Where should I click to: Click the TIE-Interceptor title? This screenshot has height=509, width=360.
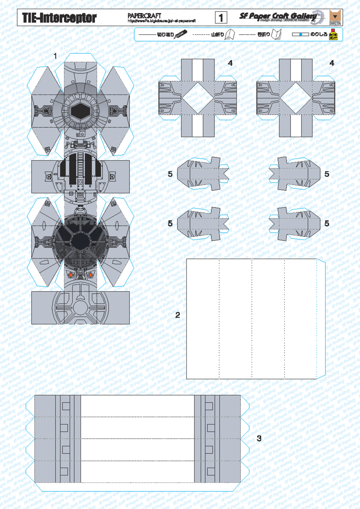[x=59, y=18]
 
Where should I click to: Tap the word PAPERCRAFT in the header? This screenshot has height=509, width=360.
[x=144, y=16]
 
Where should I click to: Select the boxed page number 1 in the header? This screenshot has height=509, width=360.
[x=221, y=18]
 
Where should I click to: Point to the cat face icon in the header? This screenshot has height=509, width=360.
[x=335, y=17]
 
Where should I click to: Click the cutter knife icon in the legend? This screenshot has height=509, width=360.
[x=181, y=34]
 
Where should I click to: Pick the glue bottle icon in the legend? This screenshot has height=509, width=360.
[x=333, y=35]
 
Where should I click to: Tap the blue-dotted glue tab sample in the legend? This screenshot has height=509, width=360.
[x=300, y=35]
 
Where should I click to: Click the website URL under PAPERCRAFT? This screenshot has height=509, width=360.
[x=162, y=21]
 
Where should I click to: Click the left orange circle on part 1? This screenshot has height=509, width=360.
[x=71, y=275]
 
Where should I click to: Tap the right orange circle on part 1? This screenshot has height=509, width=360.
[x=90, y=275]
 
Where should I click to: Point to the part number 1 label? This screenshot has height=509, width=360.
[x=55, y=56]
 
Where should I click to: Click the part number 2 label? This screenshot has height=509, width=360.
[x=178, y=315]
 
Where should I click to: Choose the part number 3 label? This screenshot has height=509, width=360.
[x=259, y=438]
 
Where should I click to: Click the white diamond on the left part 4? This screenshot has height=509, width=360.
[x=198, y=98]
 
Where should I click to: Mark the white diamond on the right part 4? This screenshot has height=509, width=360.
[x=296, y=98]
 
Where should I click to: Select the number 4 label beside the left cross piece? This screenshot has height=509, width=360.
[x=230, y=63]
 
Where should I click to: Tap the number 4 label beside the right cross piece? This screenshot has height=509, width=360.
[x=331, y=63]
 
